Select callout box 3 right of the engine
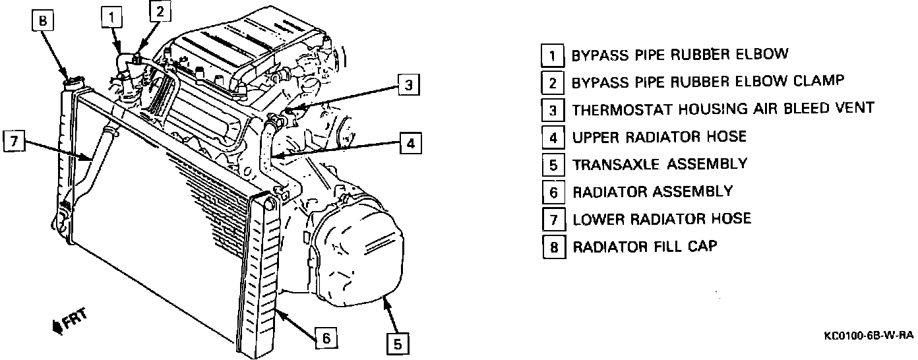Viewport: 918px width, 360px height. [408, 84]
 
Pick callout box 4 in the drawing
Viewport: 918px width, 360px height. [410, 143]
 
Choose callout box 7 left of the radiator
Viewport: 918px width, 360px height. [13, 141]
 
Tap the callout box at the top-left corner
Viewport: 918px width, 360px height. [42, 22]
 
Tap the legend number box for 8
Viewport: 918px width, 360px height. [553, 247]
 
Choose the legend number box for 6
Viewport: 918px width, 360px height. [553, 192]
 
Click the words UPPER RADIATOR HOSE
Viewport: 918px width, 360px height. [659, 136]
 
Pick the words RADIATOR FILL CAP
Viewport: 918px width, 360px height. [644, 247]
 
